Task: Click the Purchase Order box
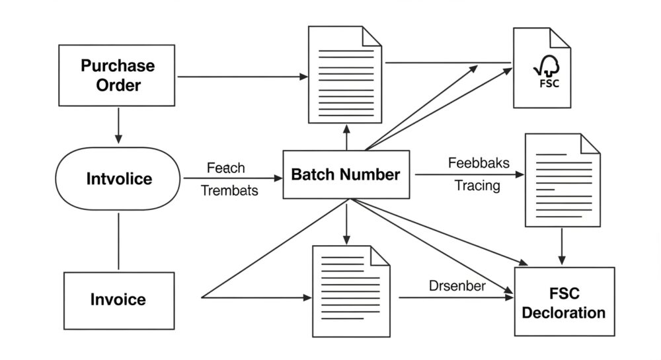[117, 75]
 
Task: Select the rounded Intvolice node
[118, 178]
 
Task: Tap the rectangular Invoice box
[119, 301]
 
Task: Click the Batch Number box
[346, 174]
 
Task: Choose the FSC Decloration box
[564, 301]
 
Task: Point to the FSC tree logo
[547, 71]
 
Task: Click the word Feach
[225, 168]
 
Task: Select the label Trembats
[229, 190]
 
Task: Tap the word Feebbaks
[479, 163]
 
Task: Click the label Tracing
[477, 185]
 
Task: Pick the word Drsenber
[457, 286]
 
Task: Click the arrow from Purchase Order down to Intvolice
[118, 126]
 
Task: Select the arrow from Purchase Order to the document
[243, 77]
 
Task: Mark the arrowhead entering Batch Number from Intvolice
[278, 178]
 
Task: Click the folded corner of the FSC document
[561, 38]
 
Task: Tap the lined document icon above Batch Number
[345, 75]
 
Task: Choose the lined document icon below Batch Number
[351, 291]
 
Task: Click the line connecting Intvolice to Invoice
[118, 241]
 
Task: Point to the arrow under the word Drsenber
[456, 298]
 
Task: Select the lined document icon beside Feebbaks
[563, 180]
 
